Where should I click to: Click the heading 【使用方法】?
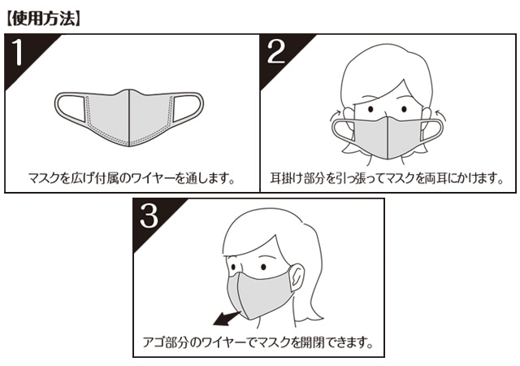[43, 19]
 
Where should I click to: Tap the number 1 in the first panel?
[17, 52]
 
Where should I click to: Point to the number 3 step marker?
[149, 216]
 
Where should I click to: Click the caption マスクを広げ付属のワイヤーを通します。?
[132, 179]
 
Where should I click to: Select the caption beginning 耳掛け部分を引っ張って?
[387, 178]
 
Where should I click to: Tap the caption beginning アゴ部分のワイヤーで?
[258, 342]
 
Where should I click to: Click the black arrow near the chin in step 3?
[227, 319]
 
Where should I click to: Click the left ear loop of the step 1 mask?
[71, 107]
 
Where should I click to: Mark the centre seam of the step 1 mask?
[128, 118]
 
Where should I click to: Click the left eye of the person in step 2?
[370, 109]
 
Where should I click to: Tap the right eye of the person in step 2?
[404, 109]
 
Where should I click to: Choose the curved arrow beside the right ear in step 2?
[440, 115]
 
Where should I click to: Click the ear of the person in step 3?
[297, 277]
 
